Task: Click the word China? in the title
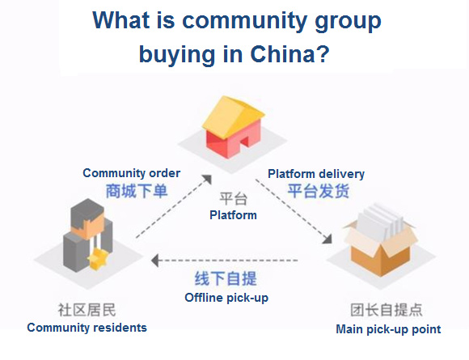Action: click(289, 54)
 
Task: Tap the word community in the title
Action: click(245, 20)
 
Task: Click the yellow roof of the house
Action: click(233, 115)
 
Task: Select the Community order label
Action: click(131, 173)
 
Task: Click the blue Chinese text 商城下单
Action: click(137, 191)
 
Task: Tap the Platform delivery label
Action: click(316, 174)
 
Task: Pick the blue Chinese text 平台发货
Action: click(319, 191)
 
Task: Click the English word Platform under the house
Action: click(233, 215)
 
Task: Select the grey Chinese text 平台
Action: click(234, 199)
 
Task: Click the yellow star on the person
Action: click(98, 257)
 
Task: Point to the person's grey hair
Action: click(87, 214)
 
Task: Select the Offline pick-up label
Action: click(226, 298)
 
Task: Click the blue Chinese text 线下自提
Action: click(226, 278)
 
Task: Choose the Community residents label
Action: click(87, 328)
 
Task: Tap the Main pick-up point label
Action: click(388, 329)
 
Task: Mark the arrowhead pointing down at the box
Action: click(327, 238)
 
